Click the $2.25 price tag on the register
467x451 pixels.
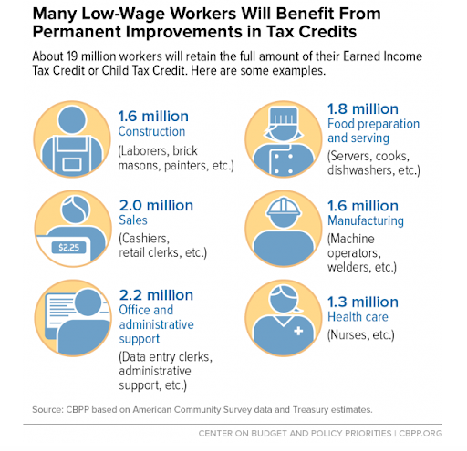tap(68, 248)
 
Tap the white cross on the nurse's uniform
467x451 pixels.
tap(298, 331)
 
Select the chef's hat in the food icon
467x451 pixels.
tap(284, 117)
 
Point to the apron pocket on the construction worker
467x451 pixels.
tap(72, 165)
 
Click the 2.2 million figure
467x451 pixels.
tap(156, 295)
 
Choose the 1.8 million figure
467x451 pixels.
tap(363, 108)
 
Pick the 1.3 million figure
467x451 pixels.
tap(363, 302)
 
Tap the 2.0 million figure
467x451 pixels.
tap(156, 206)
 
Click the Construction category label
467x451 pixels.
tap(151, 131)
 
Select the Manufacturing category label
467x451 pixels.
tap(366, 220)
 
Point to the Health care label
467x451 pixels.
tap(358, 317)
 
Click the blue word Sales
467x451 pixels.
tap(133, 220)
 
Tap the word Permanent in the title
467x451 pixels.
tap(77, 32)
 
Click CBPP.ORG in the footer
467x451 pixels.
tap(420, 433)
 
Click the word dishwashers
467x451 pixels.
tap(361, 170)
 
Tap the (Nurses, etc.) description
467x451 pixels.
tap(361, 335)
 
